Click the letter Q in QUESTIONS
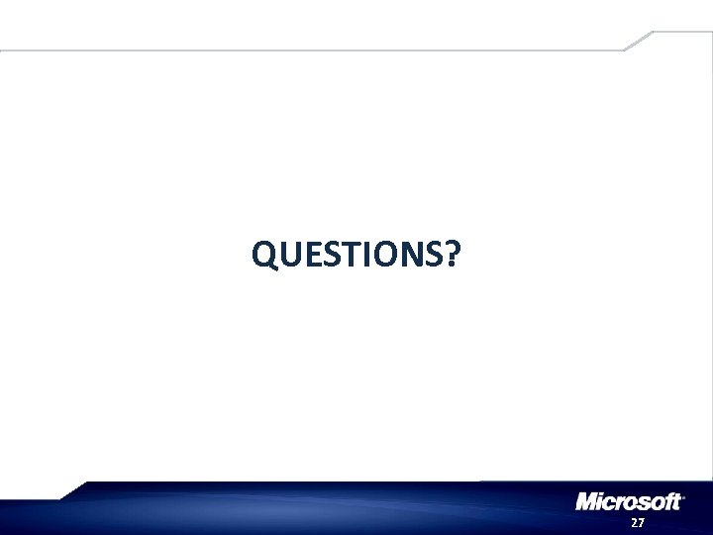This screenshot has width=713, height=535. (264, 257)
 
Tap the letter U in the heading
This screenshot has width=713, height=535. (289, 257)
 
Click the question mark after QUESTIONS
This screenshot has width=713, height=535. (451, 257)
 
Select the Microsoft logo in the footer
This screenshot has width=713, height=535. (630, 502)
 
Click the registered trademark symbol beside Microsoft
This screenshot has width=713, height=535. (684, 495)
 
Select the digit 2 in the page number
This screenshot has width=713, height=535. (634, 522)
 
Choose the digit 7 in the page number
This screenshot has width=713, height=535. (641, 522)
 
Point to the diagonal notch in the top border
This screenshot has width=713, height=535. (638, 40)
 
